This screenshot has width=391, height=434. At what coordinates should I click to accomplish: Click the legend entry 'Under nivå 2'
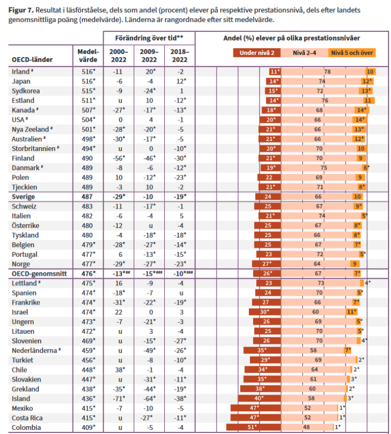point(257,53)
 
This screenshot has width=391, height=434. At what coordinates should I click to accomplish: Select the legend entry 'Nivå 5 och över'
point(352,53)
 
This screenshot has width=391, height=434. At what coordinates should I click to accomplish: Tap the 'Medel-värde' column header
point(88,55)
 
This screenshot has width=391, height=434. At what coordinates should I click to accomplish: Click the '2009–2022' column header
point(149,55)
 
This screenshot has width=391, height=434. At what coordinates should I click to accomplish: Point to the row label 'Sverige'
point(23,197)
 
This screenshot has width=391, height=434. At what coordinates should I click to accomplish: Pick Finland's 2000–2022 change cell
point(119,158)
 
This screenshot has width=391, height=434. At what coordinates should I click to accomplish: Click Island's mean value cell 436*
point(88,399)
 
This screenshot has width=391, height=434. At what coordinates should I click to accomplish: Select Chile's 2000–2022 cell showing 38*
point(119,370)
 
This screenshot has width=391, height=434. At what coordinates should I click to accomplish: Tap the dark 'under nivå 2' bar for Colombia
point(254,427)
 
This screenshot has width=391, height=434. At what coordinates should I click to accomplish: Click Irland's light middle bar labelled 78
point(323,72)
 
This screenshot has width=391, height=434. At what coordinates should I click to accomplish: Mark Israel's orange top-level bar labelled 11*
point(351,312)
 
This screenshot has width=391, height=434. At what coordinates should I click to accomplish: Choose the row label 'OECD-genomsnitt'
point(39,273)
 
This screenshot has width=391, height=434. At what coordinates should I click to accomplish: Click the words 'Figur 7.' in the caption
point(21,10)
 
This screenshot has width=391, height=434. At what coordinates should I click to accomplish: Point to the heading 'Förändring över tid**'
point(149,38)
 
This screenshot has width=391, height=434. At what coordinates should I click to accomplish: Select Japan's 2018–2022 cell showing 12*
point(181,81)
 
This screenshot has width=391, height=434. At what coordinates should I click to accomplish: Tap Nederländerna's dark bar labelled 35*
point(262,351)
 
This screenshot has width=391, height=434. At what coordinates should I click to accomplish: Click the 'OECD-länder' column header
point(32,60)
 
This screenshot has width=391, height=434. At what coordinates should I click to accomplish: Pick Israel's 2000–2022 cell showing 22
point(119,312)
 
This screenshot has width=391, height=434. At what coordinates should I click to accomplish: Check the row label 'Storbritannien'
point(33,149)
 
